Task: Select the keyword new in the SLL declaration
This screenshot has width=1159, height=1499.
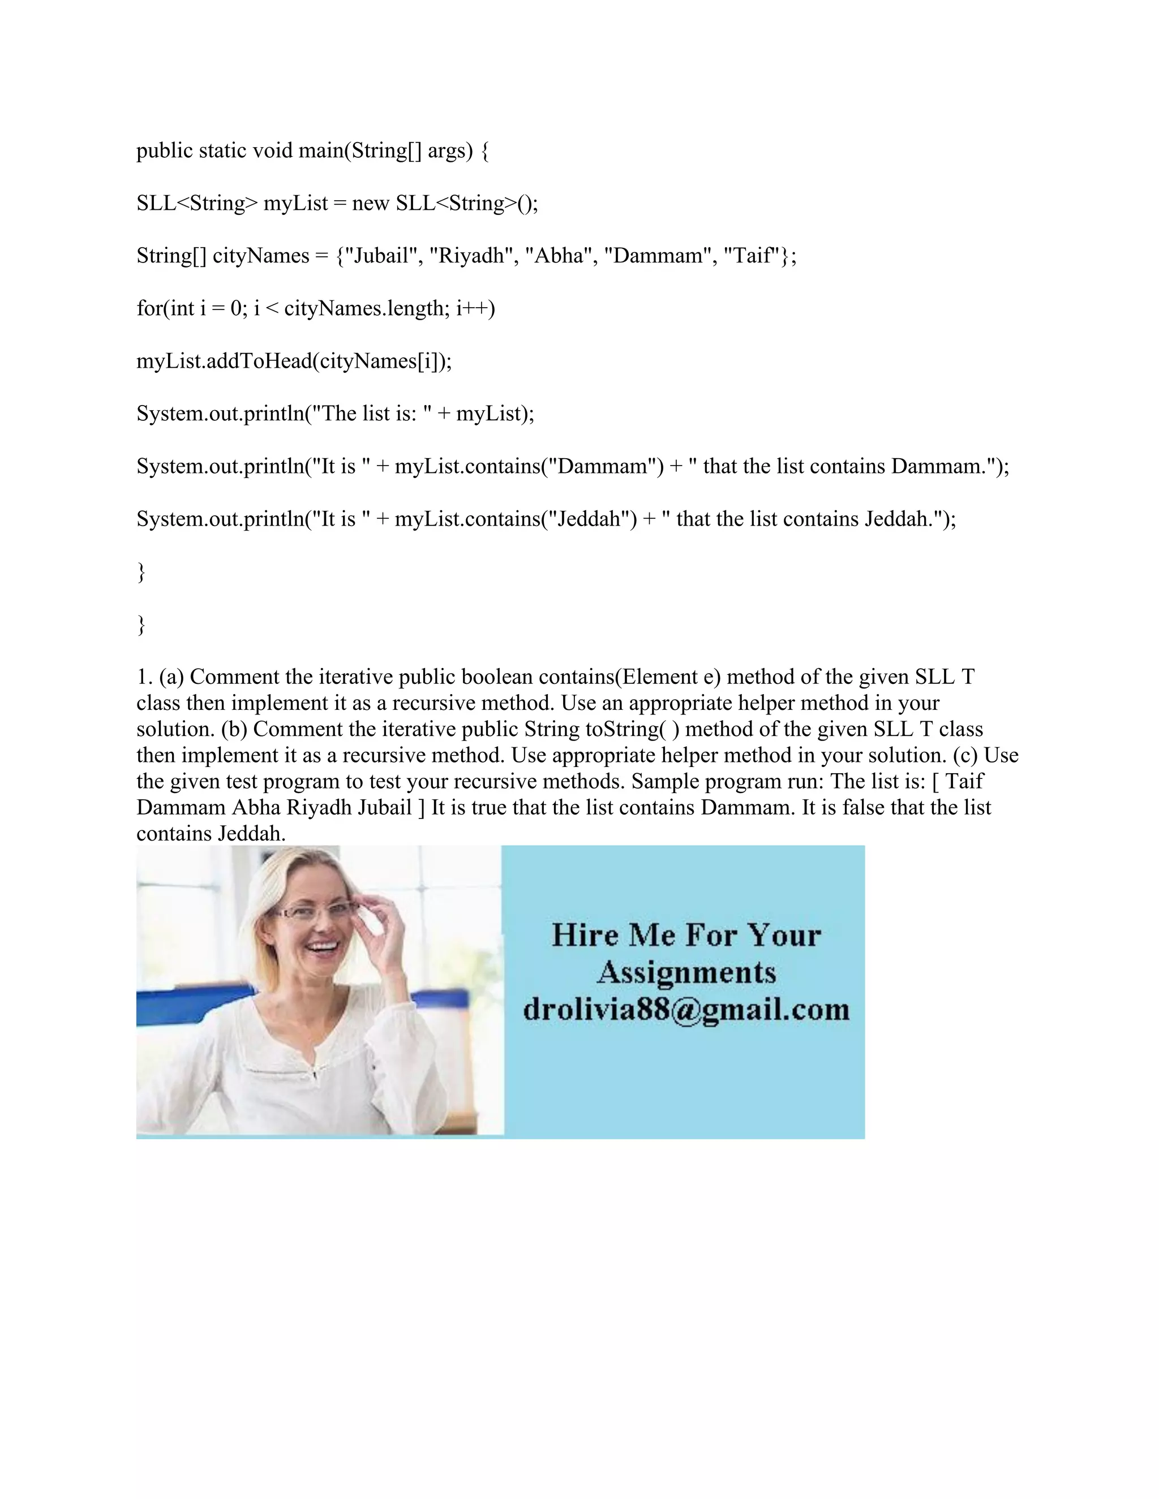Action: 370,203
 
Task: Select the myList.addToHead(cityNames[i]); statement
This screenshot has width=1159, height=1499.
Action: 294,361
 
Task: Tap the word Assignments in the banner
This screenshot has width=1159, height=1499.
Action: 686,972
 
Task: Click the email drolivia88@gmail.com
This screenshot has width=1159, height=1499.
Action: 686,1010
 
